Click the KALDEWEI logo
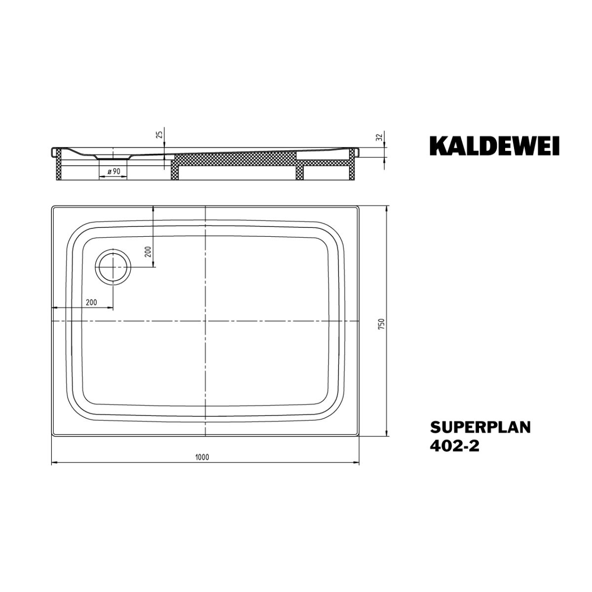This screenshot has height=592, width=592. tap(494, 146)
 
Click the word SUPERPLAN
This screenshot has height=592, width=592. tap(480, 427)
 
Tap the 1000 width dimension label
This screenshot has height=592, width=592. tap(202, 465)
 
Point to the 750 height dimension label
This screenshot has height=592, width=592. tap(381, 324)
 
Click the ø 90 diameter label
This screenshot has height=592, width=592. tap(114, 171)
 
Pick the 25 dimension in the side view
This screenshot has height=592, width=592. tap(159, 135)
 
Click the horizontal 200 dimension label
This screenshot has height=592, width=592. tap(91, 302)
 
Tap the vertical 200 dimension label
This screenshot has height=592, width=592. tap(148, 252)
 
